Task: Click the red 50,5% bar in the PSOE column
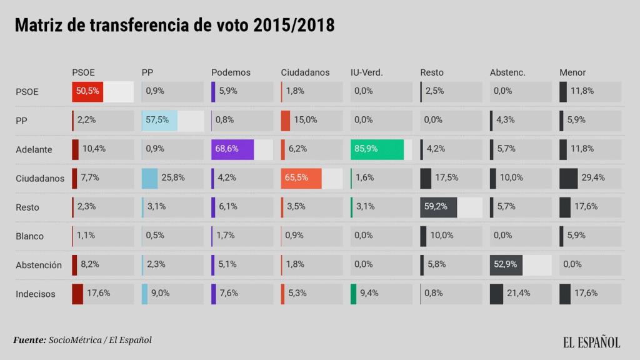tap(87, 91)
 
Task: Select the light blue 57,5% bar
tap(159, 120)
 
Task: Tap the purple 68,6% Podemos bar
tap(232, 149)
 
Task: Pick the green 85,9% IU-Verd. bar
tap(377, 149)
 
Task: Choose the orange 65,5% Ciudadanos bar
tap(301, 178)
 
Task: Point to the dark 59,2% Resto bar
tap(438, 207)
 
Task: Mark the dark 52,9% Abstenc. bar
tap(506, 264)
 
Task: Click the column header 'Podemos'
tap(231, 72)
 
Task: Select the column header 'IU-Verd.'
tap(366, 72)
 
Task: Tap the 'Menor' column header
tap(572, 72)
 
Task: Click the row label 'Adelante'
tap(34, 149)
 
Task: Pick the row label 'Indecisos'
tap(36, 294)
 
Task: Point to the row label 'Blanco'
tap(30, 236)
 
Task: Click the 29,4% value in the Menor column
tap(593, 178)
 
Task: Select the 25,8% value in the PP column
tap(173, 178)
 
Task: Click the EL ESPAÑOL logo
tap(591, 342)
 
